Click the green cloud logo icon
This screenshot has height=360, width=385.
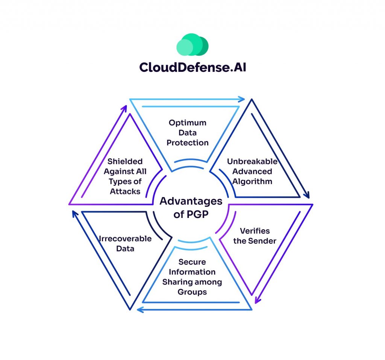coord(192,45)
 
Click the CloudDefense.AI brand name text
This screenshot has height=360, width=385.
coord(192,67)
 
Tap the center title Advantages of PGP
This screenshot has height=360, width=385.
coord(191,207)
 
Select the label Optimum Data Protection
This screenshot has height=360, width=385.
coord(187,133)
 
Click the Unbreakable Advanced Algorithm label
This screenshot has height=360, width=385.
coord(252,171)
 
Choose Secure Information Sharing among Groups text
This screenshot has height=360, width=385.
coord(192,277)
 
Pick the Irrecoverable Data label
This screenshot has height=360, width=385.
coord(125,244)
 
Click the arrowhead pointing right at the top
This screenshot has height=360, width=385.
coord(242,100)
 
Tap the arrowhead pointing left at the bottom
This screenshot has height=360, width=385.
coord(139,310)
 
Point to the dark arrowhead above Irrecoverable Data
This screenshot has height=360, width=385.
coord(75,214)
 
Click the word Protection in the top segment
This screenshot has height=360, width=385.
coord(187,143)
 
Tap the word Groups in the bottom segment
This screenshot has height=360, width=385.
coord(192,292)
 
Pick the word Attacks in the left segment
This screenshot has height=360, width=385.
coord(126,191)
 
